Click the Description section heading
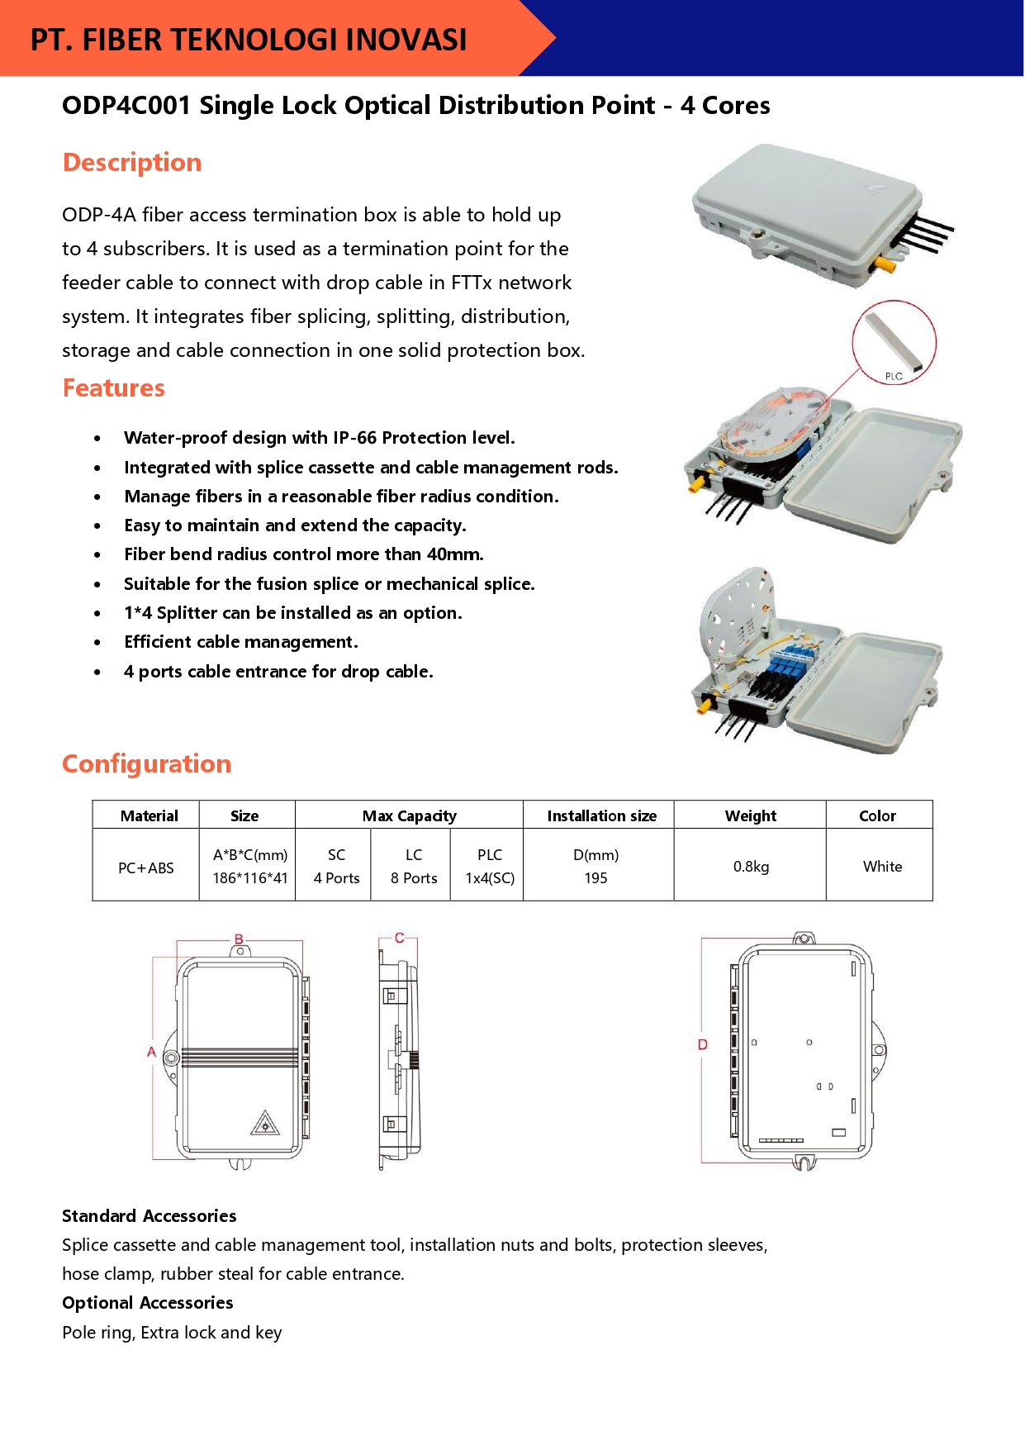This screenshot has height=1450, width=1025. click(x=132, y=163)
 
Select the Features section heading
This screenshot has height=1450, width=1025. click(x=114, y=388)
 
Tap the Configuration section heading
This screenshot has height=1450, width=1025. click(x=147, y=764)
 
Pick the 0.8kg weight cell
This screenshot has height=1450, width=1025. click(x=751, y=867)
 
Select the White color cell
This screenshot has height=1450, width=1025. click(x=882, y=867)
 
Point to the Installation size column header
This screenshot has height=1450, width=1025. click(x=601, y=816)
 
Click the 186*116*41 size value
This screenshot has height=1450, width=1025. click(x=249, y=878)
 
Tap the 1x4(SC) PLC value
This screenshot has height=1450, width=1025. click(x=490, y=878)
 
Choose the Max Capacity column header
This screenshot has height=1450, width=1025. click(x=409, y=816)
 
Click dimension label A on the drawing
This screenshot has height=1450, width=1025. click(x=151, y=1052)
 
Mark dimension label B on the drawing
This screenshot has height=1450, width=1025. click(x=239, y=939)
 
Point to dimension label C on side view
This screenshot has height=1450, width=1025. click(x=399, y=938)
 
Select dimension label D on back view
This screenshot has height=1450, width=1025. click(x=703, y=1044)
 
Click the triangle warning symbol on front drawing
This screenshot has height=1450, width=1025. click(x=264, y=1124)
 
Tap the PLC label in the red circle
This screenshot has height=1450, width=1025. click(x=894, y=376)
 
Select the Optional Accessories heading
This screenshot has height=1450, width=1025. click(x=148, y=1303)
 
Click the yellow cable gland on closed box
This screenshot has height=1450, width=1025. click(x=885, y=266)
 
